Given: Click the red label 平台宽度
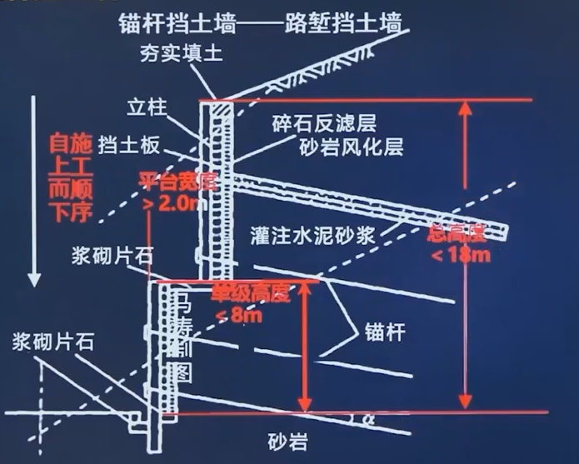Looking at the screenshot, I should coord(177,181).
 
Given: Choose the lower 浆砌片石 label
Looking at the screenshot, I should coord(52,342).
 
